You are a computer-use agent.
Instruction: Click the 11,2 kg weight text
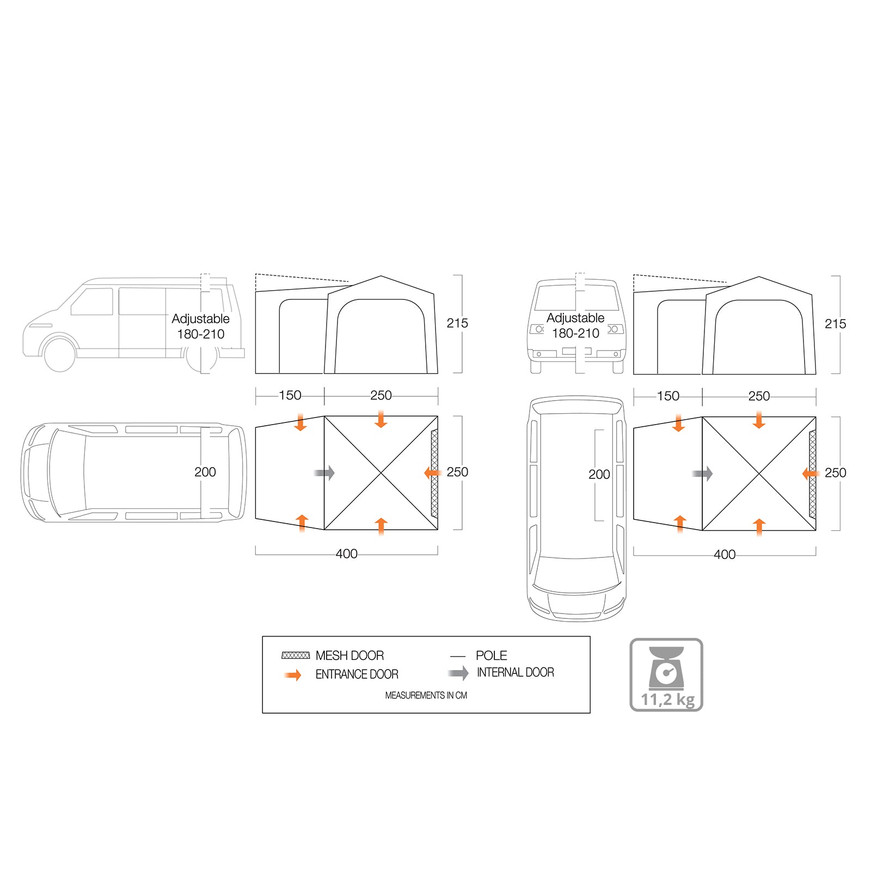[x=667, y=700]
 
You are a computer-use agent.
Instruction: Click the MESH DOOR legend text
[x=349, y=655]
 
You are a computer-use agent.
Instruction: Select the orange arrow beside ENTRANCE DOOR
[x=293, y=675]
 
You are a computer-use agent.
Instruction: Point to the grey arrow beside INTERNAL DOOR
[x=458, y=673]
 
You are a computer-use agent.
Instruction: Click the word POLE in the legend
[x=491, y=655]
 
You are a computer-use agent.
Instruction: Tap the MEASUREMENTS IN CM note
[x=426, y=695]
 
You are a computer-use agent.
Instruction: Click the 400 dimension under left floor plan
[x=346, y=554]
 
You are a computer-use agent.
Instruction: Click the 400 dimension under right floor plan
[x=724, y=555]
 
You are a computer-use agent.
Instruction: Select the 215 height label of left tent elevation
[x=457, y=323]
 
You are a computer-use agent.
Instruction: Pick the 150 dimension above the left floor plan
[x=290, y=395]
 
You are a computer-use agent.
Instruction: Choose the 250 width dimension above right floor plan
[x=758, y=396]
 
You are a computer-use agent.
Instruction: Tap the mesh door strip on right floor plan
[x=812, y=474]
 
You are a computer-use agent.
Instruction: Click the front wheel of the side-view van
[x=59, y=354]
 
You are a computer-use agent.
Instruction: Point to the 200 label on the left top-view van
[x=205, y=472]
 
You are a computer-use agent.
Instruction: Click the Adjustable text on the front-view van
[x=575, y=318]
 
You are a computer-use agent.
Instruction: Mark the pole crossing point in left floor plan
[x=381, y=473]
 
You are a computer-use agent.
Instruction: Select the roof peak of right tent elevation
[x=759, y=277]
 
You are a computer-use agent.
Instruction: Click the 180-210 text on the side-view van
[x=200, y=334]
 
